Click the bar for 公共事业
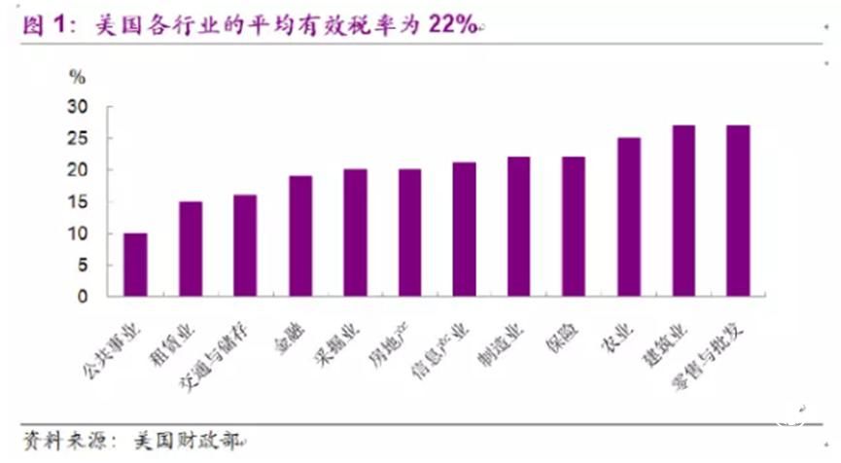pos(135,265)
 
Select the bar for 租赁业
pos(190,249)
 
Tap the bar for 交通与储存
pos(244,245)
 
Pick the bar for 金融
pos(299,236)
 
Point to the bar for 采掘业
pos(355,232)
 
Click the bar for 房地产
pos(409,232)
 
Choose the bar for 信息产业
pos(464,230)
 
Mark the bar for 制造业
pos(518,227)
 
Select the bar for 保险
pos(574,227)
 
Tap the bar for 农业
pos(628,217)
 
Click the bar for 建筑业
pos(683,210)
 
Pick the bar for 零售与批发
pos(738,210)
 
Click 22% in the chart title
pos(450,25)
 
